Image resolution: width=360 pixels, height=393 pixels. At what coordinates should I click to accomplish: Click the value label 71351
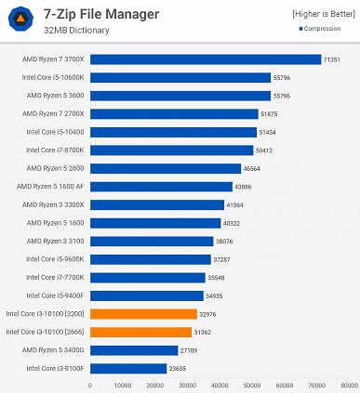point(333,59)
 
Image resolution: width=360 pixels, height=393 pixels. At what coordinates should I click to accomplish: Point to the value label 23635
point(179,369)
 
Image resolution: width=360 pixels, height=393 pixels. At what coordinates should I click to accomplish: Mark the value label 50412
point(266,151)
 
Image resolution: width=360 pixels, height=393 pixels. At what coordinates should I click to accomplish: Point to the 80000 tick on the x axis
point(348,385)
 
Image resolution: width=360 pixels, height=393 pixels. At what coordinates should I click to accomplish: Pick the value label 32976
point(209,314)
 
